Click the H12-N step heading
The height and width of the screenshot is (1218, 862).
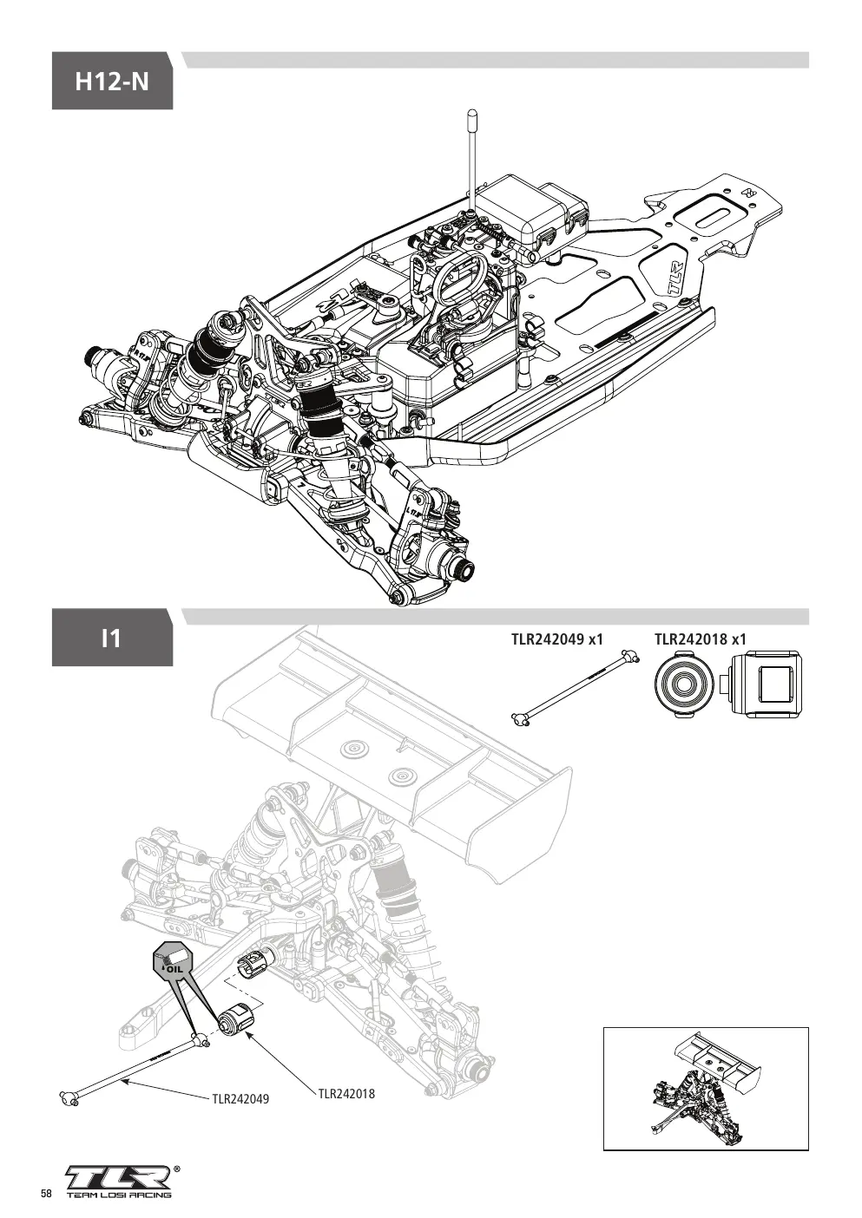(112, 82)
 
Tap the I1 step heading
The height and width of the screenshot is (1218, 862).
(111, 638)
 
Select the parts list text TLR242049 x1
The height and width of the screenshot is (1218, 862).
(557, 638)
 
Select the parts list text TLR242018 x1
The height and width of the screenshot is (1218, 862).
(701, 638)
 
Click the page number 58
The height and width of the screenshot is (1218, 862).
(46, 1193)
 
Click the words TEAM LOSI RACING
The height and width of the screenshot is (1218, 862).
(119, 1195)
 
